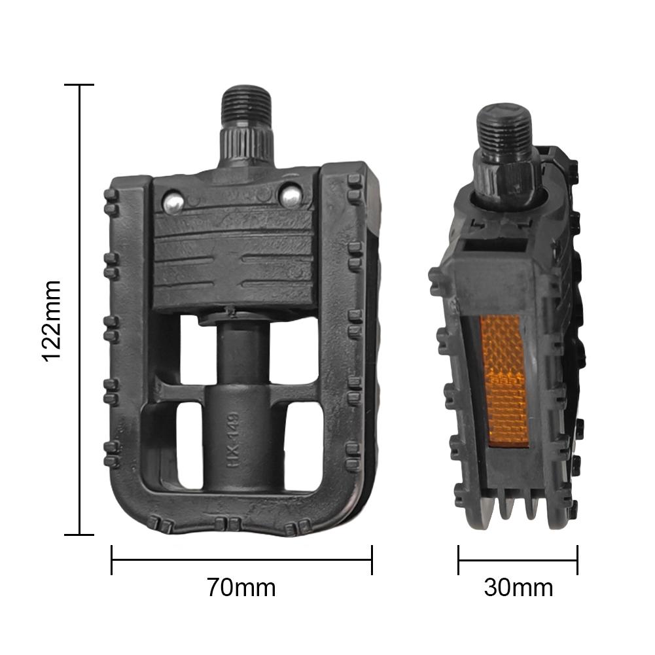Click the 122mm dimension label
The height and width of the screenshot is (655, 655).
tap(52, 321)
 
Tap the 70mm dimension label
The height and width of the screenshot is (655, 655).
tap(241, 588)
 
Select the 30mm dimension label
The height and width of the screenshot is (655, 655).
tap(518, 588)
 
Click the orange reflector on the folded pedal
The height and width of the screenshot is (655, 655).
tap(505, 381)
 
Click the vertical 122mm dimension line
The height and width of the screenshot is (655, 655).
tap(79, 310)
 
